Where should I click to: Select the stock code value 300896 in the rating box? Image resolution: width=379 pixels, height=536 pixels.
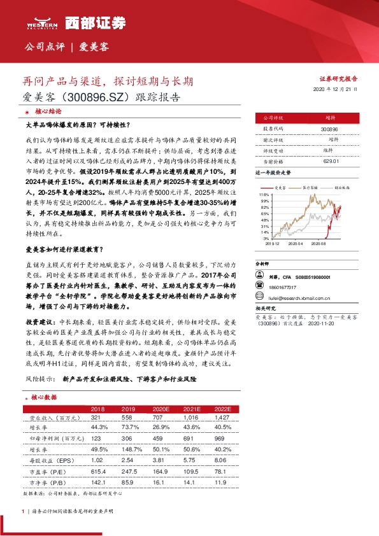(329, 129)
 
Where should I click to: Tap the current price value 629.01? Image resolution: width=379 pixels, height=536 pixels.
(329, 162)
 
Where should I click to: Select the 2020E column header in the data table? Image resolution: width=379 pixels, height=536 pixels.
(161, 409)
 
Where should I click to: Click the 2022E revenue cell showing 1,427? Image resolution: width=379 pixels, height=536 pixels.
(222, 418)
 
